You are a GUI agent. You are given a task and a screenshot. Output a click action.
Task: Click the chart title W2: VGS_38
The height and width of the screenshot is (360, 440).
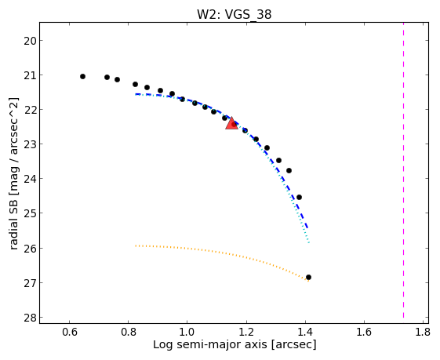point(234,14)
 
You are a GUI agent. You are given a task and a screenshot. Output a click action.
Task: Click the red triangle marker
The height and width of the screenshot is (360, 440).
point(232,124)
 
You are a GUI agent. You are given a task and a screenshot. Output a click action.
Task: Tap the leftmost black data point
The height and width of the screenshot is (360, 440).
point(82,76)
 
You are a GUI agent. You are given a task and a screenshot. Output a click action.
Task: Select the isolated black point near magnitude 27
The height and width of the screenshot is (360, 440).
point(308,277)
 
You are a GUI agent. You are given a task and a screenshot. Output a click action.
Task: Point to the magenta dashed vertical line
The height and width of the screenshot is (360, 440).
point(403,170)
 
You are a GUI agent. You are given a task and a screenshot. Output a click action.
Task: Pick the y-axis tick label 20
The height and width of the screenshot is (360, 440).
point(30,41)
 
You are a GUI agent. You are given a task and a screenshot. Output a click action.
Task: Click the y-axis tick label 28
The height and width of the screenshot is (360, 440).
point(30,318)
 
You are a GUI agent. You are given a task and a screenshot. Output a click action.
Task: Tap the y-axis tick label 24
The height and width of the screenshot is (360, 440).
point(30,179)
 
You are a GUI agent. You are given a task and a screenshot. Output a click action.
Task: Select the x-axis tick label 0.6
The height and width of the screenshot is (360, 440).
point(69,333)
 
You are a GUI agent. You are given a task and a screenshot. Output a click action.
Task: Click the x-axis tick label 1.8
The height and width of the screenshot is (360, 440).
point(423,333)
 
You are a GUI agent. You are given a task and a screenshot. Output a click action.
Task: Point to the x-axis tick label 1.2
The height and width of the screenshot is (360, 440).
point(246,333)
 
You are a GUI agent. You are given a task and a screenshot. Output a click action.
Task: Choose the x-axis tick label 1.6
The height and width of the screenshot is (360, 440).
point(364,333)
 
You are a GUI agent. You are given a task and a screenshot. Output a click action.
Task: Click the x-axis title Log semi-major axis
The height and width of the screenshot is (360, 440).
point(210,344)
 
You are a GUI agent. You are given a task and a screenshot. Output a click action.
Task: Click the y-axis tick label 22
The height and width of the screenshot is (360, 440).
point(30,110)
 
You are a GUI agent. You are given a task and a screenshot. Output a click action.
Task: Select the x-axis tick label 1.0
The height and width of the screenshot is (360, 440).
point(187,333)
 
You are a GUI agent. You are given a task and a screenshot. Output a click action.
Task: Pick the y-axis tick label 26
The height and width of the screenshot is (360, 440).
point(30,249)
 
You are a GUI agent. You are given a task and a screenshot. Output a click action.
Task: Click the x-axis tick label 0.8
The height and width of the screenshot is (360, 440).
point(129,333)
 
